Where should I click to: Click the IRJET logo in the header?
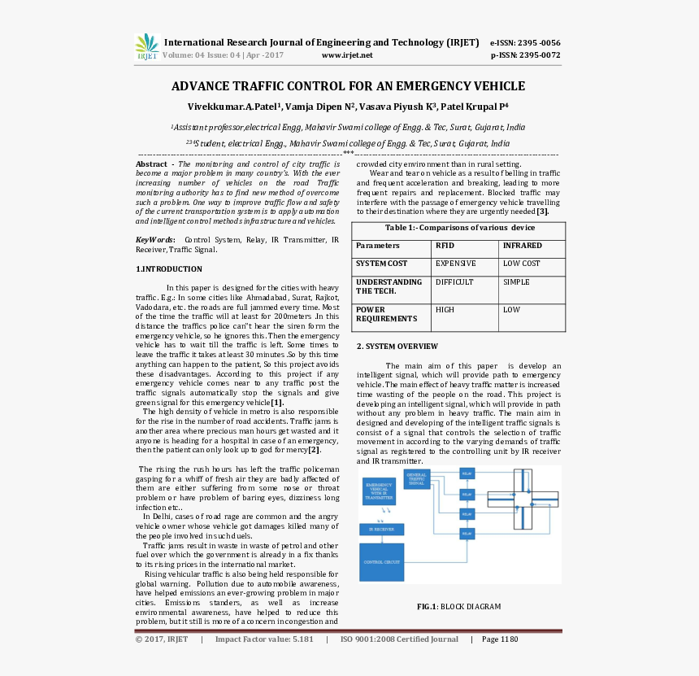coord(147,47)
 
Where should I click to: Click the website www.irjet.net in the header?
coord(347,55)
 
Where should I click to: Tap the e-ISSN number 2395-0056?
coord(536,42)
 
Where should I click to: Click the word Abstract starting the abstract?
coord(151,164)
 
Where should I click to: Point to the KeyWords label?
coord(154,240)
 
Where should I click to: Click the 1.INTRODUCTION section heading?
coord(169,269)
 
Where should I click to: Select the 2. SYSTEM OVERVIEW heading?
coord(397,347)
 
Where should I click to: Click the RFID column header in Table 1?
coord(445,245)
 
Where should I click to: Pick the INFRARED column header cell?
coord(522,245)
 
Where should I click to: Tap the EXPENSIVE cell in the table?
coord(455,264)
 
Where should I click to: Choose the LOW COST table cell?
coord(521,264)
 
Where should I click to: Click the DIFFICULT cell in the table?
coord(454,282)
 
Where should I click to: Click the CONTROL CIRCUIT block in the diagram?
coord(381,562)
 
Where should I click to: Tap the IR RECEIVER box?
coord(381,529)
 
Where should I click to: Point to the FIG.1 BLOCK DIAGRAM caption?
coord(458,607)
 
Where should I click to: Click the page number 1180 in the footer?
coord(509,639)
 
